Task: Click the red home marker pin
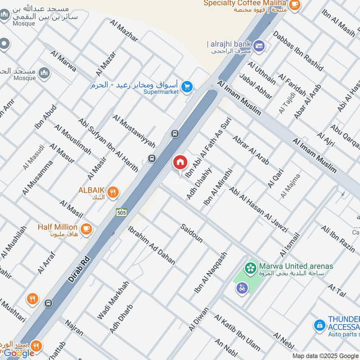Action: pos(180,162)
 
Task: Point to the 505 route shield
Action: pos(121,212)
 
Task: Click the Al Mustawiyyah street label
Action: pos(134,131)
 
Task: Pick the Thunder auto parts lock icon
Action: pos(319,324)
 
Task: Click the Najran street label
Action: pos(74,328)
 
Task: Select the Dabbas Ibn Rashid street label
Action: pos(297,50)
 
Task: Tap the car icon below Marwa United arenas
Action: pos(242,288)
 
